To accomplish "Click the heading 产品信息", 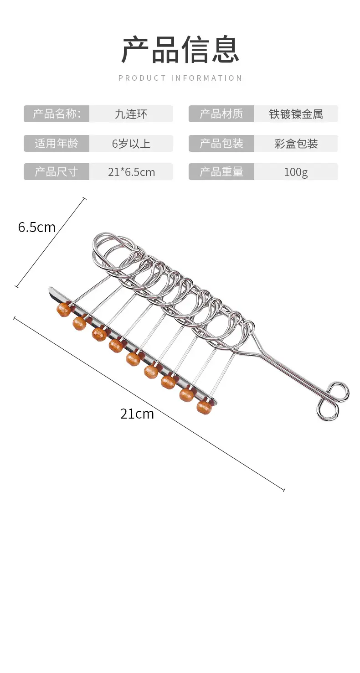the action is [180, 49].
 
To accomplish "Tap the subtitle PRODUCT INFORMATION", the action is [180, 78].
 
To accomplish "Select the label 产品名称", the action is [57, 114].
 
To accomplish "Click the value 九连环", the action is [131, 114].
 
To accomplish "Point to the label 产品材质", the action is [221, 114].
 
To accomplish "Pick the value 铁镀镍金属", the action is [296, 114].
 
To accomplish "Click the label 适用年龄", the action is [57, 143].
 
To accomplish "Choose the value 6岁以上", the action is [131, 144].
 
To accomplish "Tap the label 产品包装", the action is [221, 143].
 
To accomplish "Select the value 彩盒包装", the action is [296, 144].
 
